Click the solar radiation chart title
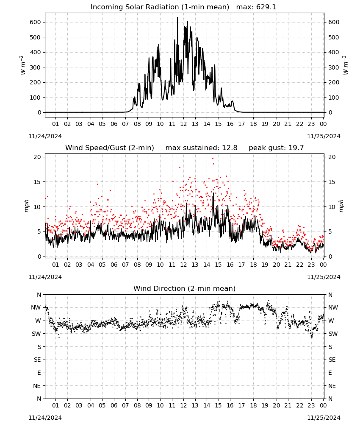coord(160,7)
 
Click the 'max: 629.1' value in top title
coord(256,7)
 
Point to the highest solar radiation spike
coord(177,18)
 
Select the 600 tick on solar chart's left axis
coord(36,22)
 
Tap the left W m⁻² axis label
coord(23,65)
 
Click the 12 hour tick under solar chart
coord(183,124)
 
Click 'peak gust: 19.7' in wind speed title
coord(276,148)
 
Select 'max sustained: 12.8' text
coord(201,148)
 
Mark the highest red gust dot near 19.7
coord(213,159)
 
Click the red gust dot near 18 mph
coord(180,167)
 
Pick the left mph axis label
coord(26,206)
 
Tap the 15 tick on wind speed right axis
coord(332,182)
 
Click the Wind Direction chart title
coord(185,288)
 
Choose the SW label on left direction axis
coord(36,334)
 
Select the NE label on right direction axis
coord(332,386)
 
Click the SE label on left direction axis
coord(37,360)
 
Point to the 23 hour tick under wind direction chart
coord(311,405)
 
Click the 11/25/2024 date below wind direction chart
coord(324,418)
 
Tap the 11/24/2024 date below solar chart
coord(45,136)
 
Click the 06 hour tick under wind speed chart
coord(114,265)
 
